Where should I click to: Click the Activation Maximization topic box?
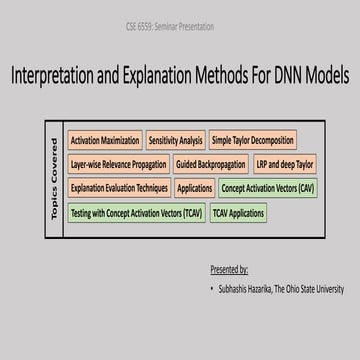point(105,141)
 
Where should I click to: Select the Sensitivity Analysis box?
point(176,141)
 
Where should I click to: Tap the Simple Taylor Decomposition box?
point(253,141)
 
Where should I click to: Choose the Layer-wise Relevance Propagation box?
point(118,164)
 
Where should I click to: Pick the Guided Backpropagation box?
point(211,164)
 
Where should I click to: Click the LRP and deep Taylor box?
point(284,164)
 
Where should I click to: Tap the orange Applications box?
point(195,188)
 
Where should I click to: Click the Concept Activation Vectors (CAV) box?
point(267,188)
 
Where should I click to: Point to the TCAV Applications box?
point(238,212)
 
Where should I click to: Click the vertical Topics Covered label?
point(54,180)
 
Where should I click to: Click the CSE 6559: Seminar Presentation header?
point(180,26)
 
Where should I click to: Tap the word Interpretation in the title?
point(63,75)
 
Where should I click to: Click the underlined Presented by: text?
point(229,270)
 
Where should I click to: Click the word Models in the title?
point(326,75)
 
